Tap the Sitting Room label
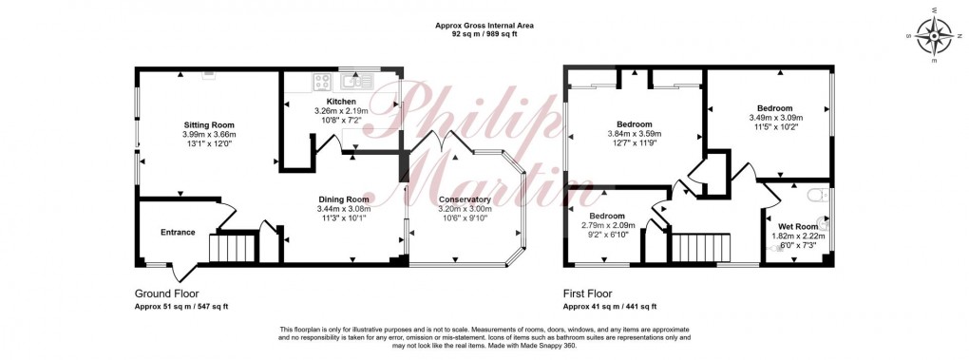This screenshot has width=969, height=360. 209,124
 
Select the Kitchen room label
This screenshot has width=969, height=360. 341,102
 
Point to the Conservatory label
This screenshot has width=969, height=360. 465,199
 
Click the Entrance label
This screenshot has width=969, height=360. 178,232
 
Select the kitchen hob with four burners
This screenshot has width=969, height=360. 319,82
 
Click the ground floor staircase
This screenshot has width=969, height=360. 234,249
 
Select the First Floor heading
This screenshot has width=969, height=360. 595,294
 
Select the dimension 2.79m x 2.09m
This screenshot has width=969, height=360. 606,225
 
